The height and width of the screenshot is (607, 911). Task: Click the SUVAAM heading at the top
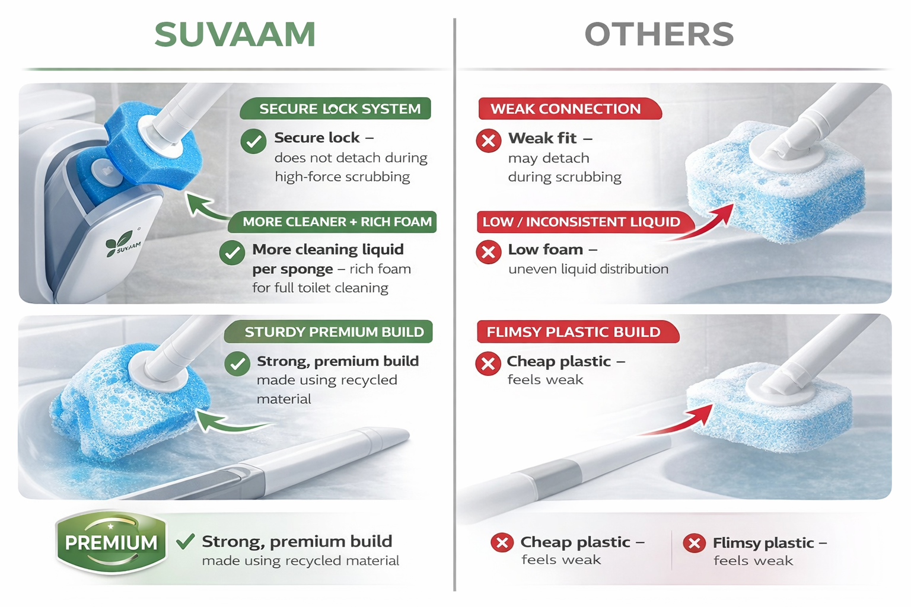[235, 34]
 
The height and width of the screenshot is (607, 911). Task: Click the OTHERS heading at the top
[660, 34]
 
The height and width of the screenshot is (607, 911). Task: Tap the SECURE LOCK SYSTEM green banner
[335, 108]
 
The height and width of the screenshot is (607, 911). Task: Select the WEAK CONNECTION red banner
[569, 108]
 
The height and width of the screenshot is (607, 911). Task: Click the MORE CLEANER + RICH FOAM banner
[332, 222]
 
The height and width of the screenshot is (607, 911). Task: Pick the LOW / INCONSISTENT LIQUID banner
[584, 222]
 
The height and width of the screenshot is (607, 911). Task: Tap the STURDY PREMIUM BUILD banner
[328, 332]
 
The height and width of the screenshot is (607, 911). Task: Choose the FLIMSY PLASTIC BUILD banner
[578, 332]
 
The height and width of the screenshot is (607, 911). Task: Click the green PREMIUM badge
[111, 542]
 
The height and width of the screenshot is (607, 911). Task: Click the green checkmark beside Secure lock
[253, 141]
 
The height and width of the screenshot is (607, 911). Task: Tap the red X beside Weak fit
[489, 141]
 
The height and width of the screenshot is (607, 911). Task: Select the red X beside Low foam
[489, 252]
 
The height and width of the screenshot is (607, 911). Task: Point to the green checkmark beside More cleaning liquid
[232, 253]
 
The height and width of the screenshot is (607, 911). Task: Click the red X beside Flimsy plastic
[695, 543]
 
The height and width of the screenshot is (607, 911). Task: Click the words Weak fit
[543, 138]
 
